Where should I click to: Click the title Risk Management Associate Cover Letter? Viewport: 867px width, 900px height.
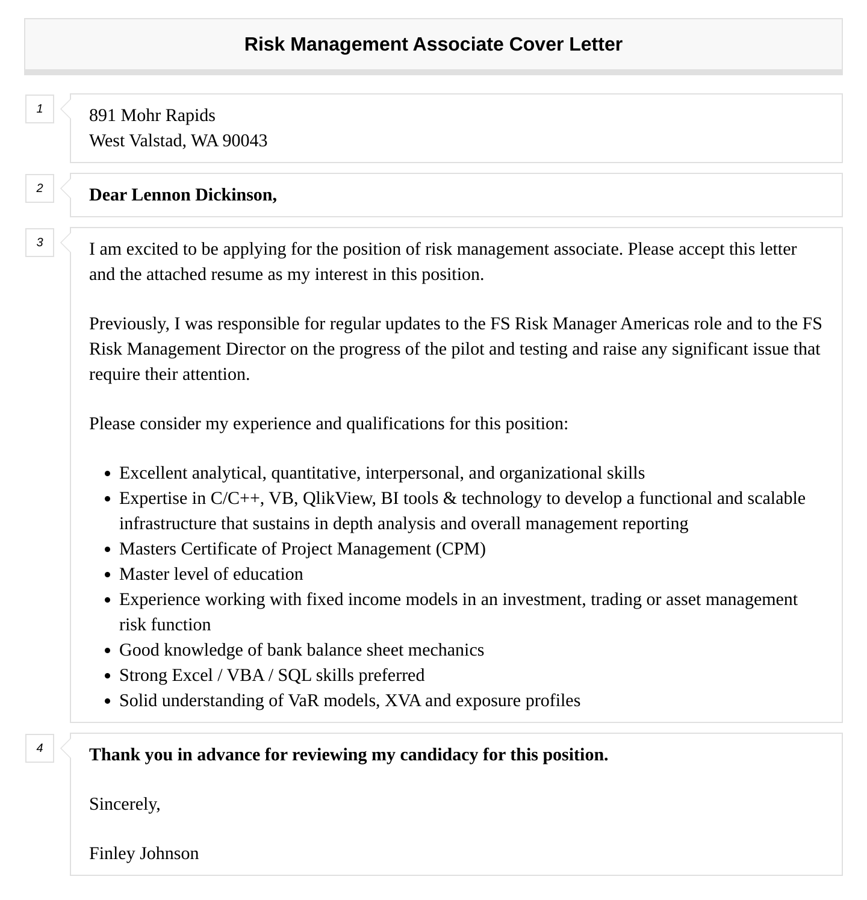pyautogui.click(x=433, y=45)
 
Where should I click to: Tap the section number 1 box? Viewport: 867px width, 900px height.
pyautogui.click(x=40, y=109)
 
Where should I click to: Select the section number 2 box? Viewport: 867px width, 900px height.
pyautogui.click(x=40, y=188)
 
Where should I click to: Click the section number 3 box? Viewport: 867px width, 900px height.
pyautogui.click(x=40, y=243)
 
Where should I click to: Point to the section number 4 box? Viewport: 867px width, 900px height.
pyautogui.click(x=40, y=748)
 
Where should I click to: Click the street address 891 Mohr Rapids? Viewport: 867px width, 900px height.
pyautogui.click(x=152, y=115)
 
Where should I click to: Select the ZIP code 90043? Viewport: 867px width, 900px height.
pyautogui.click(x=244, y=141)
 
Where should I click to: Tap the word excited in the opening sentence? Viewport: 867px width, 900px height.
pyautogui.click(x=143, y=249)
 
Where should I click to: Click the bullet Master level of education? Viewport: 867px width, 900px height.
pyautogui.click(x=211, y=574)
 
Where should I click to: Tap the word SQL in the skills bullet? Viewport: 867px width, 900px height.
pyautogui.click(x=294, y=675)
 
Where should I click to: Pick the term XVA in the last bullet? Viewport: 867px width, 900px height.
pyautogui.click(x=402, y=701)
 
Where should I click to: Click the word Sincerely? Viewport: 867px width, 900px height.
pyautogui.click(x=125, y=804)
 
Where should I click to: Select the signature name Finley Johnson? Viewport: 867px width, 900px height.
pyautogui.click(x=144, y=854)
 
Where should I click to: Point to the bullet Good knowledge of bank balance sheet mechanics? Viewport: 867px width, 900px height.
pyautogui.click(x=301, y=650)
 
